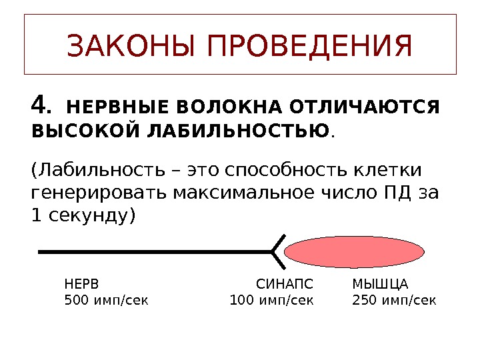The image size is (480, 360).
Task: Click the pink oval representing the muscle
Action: pyautogui.click(x=354, y=252)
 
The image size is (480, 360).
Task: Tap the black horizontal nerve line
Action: pyautogui.click(x=153, y=253)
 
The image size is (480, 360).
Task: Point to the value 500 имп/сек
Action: pyautogui.click(x=106, y=300)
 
